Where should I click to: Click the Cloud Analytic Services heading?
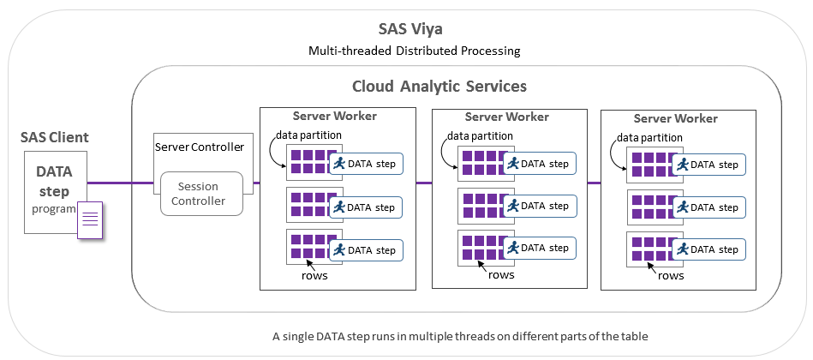pos(439,87)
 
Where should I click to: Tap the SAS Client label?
pos(55,137)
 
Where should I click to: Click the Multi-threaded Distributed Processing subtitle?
pos(414,51)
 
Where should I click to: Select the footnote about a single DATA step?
pos(459,336)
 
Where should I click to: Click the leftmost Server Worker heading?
pos(334,116)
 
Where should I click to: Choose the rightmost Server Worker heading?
pos(676,118)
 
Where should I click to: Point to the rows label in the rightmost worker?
pos(671,276)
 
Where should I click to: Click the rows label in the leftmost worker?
pos(314,275)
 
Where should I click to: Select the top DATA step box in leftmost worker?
pos(366,163)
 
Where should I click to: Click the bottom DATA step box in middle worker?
pos(538,248)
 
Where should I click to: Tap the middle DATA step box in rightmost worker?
pos(708,207)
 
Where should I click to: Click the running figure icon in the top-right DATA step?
pos(682,164)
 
